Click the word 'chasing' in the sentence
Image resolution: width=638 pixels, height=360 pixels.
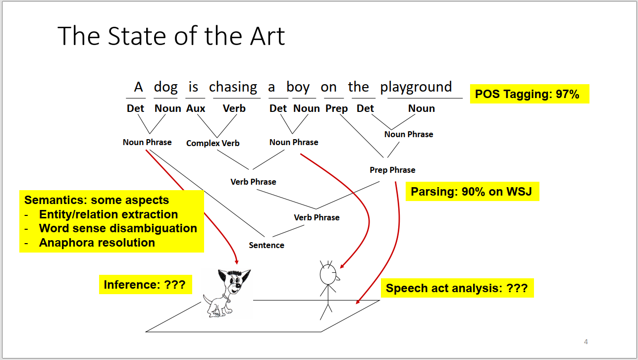tap(233, 87)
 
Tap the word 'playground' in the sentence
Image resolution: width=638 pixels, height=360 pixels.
tap(416, 87)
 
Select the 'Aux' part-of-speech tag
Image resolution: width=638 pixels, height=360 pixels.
tap(196, 108)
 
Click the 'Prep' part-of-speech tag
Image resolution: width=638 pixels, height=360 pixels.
tap(337, 109)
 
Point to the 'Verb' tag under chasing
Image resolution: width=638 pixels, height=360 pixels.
tap(234, 108)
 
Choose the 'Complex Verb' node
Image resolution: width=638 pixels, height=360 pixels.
tap(213, 143)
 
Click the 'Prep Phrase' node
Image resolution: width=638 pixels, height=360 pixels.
tap(392, 170)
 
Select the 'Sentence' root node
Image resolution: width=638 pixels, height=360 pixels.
tap(266, 245)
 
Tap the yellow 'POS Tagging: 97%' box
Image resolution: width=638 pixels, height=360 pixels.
tap(530, 94)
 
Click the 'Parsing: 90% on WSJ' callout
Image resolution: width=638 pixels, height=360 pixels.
tap(472, 192)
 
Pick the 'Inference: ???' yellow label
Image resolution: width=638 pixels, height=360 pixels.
tap(146, 285)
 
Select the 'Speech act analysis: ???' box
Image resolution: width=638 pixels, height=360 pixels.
tap(457, 288)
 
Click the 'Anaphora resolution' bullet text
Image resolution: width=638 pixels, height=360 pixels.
tap(97, 243)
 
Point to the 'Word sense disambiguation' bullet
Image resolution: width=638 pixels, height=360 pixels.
tap(118, 228)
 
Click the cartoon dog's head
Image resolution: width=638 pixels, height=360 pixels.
tap(234, 282)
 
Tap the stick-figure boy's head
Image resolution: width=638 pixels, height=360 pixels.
tap(328, 274)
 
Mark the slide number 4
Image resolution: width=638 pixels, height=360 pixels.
tap(586, 342)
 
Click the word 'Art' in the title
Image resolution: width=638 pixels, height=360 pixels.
tap(267, 36)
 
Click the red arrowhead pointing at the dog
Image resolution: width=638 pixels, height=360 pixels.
tap(236, 261)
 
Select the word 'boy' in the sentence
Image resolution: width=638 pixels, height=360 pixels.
tap(298, 87)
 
